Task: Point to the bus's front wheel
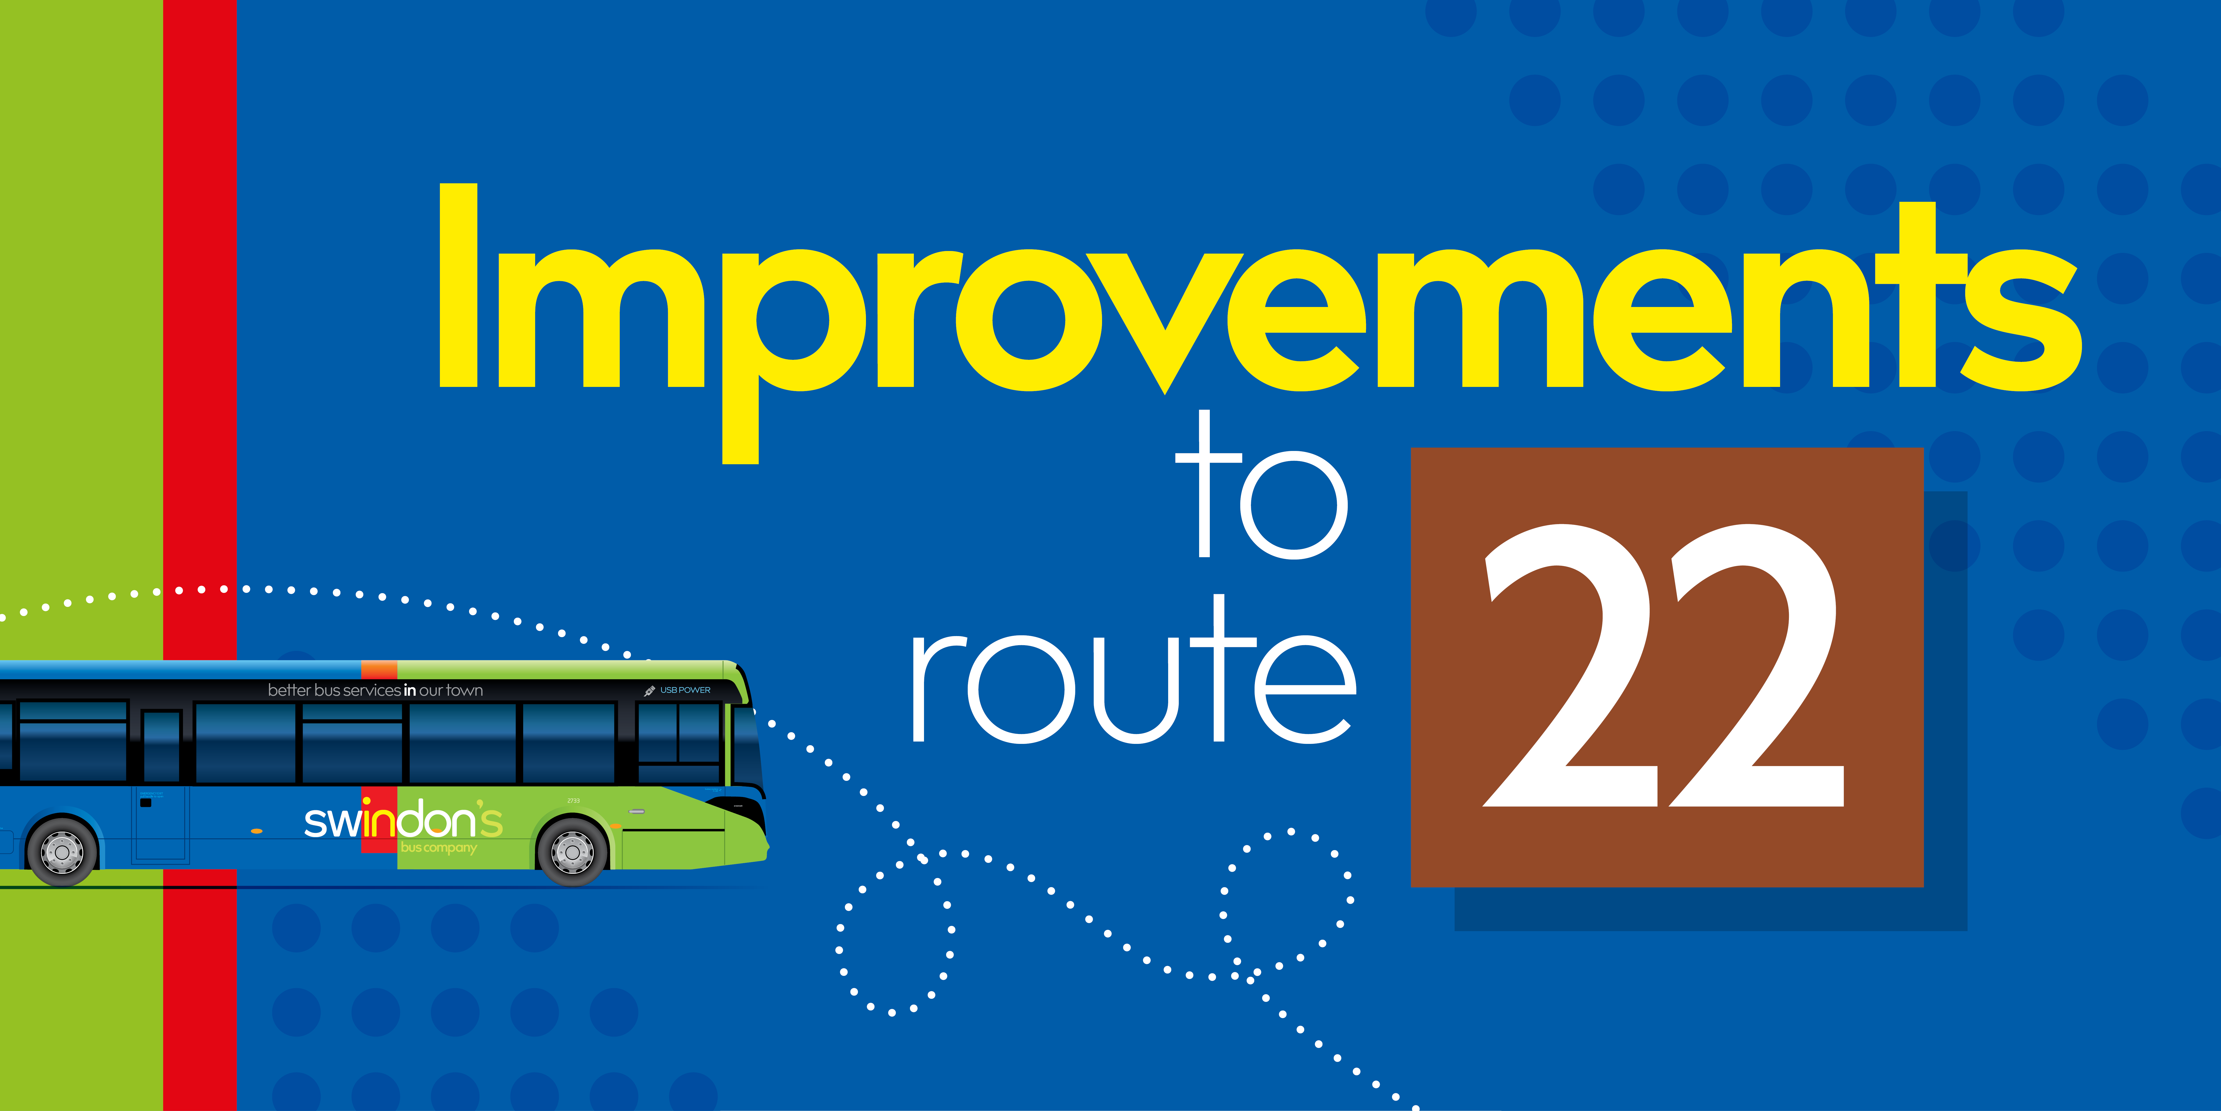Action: (572, 851)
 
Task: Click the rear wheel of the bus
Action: (62, 851)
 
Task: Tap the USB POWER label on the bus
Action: (685, 690)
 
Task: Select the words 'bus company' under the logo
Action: (438, 848)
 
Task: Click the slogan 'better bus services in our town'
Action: (375, 690)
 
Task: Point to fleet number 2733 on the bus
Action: (573, 800)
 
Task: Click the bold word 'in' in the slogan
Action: (409, 690)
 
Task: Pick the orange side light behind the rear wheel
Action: (256, 831)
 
